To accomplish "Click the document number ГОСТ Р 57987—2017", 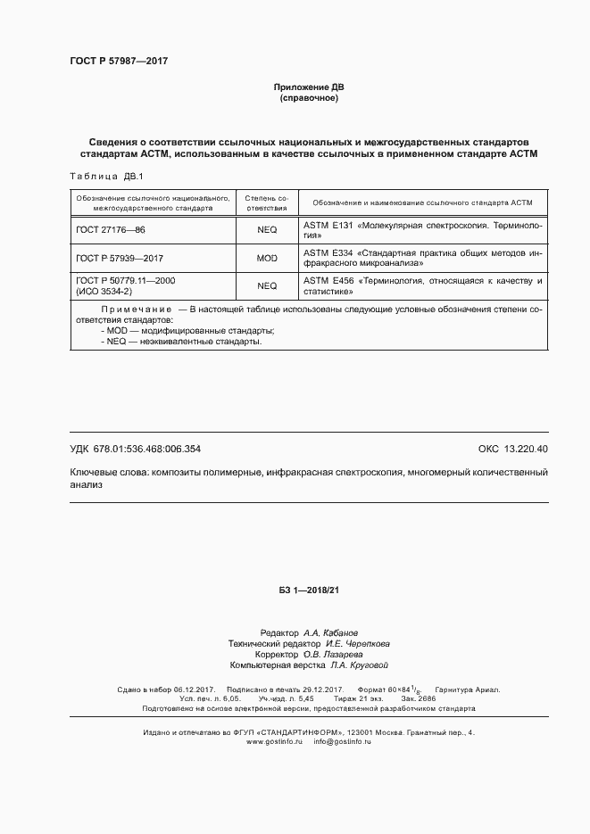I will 119,62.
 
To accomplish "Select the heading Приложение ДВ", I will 308,87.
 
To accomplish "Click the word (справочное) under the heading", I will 308,98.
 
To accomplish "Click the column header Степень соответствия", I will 267,202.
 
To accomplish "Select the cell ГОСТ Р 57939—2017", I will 120,258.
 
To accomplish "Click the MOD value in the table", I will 267,258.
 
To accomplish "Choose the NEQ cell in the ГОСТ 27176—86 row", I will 267,230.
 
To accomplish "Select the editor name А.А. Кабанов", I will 331,632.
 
